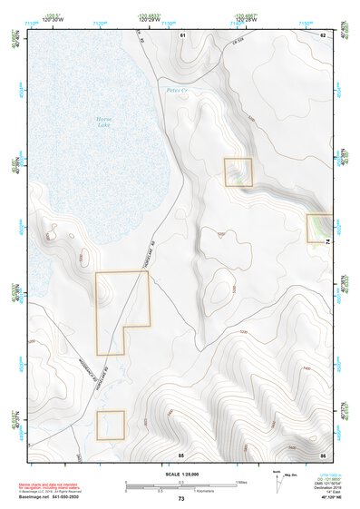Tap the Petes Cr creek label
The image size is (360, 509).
click(177, 90)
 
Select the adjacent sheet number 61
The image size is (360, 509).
click(182, 34)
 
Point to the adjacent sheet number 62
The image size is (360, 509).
click(322, 34)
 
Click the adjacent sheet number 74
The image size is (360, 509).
click(328, 241)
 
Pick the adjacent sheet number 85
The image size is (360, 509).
click(181, 453)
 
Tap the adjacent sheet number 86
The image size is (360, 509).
click(322, 453)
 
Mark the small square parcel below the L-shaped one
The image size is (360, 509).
click(110, 425)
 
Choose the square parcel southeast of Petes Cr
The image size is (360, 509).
click(238, 172)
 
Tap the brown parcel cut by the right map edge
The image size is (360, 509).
click(319, 227)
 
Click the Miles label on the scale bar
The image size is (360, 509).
click(239, 482)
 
